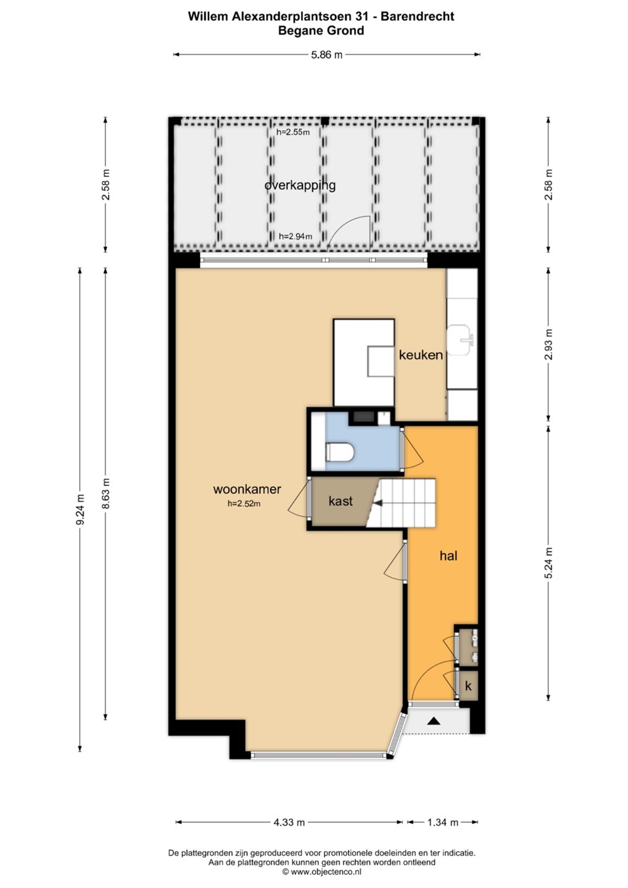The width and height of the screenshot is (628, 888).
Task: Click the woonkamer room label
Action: click(x=247, y=489)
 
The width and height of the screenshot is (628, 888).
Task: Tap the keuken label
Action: click(x=421, y=355)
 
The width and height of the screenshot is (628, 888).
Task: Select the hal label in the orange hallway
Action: click(x=448, y=556)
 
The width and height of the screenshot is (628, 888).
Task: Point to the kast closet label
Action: click(x=341, y=501)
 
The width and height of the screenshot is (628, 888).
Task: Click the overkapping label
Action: click(x=300, y=185)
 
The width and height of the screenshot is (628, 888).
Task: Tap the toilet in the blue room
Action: click(x=339, y=452)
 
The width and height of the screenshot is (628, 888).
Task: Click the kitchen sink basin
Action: click(x=461, y=340)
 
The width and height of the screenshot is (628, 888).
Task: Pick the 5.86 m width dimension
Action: click(x=327, y=55)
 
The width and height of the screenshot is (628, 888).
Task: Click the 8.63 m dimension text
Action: click(x=106, y=493)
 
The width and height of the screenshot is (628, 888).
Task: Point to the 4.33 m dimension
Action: click(x=289, y=823)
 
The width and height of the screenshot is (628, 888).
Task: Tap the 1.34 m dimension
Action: click(x=442, y=823)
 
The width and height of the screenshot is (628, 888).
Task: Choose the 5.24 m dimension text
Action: click(x=548, y=563)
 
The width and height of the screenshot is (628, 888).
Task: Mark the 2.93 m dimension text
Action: click(x=548, y=345)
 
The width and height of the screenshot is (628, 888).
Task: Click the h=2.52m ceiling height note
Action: click(x=244, y=504)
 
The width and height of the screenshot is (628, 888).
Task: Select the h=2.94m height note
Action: click(x=295, y=237)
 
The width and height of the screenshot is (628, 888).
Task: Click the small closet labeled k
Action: click(x=468, y=686)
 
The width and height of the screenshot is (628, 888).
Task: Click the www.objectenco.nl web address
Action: click(x=326, y=872)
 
